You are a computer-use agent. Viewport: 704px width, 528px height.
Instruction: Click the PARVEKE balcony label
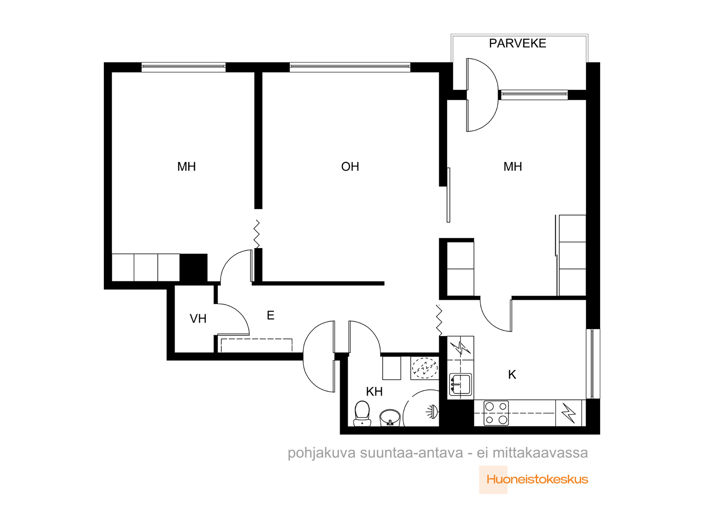517,43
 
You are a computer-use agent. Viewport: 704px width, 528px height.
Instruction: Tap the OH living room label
350,166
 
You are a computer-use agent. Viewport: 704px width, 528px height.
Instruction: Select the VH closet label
198,319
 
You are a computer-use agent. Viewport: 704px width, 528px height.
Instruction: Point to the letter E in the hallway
270,315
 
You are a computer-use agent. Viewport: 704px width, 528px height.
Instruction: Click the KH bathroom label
374,392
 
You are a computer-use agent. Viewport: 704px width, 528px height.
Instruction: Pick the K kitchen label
512,374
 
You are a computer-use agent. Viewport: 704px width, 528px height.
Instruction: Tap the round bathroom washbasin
390,418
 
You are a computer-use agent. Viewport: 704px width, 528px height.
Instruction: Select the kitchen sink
460,385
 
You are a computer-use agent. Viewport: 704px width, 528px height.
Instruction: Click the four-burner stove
496,413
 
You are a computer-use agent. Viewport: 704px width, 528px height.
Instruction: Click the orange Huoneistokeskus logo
537,479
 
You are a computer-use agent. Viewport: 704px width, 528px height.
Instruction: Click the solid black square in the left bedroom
194,268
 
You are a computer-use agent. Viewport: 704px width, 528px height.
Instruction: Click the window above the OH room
350,67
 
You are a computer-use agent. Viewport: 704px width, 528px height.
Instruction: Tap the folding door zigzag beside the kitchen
439,320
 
